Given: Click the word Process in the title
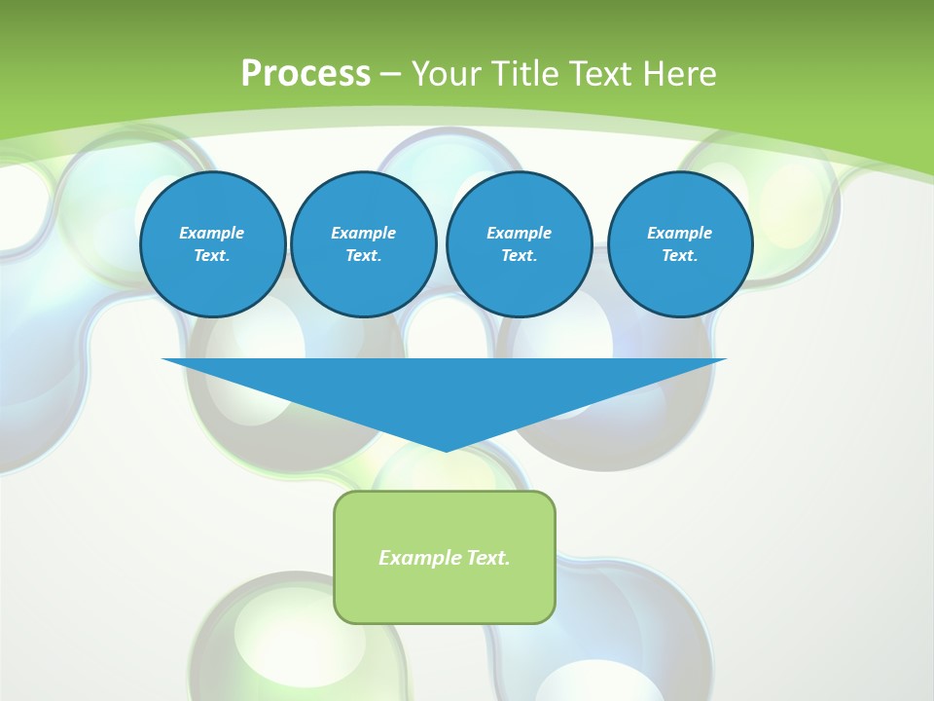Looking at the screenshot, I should (305, 74).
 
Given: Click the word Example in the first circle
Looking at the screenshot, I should (212, 233).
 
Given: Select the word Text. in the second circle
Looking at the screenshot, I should (364, 256).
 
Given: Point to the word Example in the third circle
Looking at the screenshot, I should (520, 233).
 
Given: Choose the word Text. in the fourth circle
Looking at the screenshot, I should (680, 256).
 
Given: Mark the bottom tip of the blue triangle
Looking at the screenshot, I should (446, 449).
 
